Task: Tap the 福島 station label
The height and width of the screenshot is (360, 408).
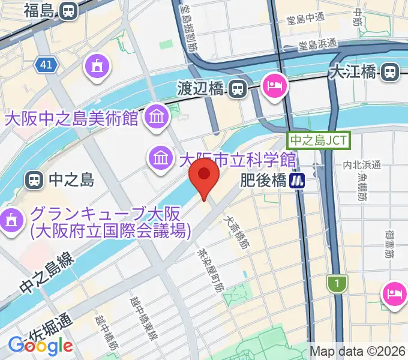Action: pos(41,10)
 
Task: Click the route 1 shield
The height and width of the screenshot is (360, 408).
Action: pos(338,283)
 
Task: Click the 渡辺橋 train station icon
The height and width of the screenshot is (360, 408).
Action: pos(238,89)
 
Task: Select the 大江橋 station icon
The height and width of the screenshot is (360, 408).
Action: pos(390,73)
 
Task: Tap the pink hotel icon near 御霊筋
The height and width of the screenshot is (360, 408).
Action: pos(394,293)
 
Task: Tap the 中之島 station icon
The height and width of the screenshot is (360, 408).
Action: pos(34,179)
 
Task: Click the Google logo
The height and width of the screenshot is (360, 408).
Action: pos(40,346)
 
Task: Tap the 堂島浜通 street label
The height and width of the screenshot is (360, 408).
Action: pos(317,44)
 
